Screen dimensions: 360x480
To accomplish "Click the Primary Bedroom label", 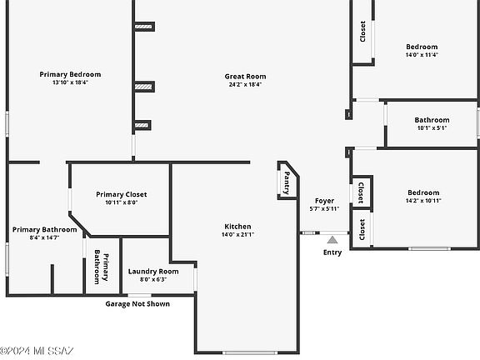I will (x=70, y=74).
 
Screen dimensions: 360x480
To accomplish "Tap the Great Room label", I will (x=244, y=77).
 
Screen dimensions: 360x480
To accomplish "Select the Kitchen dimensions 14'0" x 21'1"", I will (x=237, y=235).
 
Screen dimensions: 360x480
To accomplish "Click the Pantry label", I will (x=287, y=182).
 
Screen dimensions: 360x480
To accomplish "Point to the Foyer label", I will (x=324, y=201).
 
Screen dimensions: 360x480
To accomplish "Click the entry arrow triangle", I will (x=332, y=240).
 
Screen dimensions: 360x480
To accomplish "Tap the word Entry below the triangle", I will (x=332, y=252).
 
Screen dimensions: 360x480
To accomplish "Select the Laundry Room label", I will (x=153, y=272).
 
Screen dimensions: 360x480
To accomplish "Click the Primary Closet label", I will (x=121, y=194).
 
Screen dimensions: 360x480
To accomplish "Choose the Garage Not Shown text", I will (x=137, y=304).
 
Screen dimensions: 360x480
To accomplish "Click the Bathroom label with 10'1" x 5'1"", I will (x=432, y=120).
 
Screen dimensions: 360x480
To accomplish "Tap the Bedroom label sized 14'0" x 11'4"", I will (x=421, y=47).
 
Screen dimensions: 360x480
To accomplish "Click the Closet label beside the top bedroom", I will (x=362, y=32).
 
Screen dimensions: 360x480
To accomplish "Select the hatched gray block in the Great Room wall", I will (x=143, y=86).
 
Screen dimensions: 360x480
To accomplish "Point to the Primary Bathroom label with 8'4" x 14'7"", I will (x=45, y=230).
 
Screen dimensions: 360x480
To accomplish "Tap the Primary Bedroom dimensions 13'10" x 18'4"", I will (x=70, y=82).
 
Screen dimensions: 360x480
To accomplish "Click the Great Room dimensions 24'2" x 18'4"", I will (x=244, y=84).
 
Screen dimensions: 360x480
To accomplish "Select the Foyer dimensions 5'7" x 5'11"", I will (x=324, y=209).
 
